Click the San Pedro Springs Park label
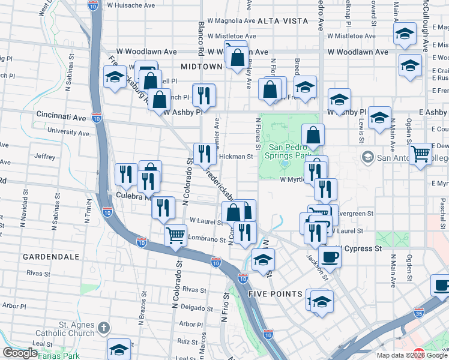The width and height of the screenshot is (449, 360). click(x=297, y=149)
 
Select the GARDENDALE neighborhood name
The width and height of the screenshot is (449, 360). click(x=51, y=257)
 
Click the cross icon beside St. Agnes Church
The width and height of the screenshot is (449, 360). click(x=104, y=328)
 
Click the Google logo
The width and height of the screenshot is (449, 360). click(x=20, y=353)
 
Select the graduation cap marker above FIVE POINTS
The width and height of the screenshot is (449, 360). click(x=262, y=261)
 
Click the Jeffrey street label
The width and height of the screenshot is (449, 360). click(x=45, y=157)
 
